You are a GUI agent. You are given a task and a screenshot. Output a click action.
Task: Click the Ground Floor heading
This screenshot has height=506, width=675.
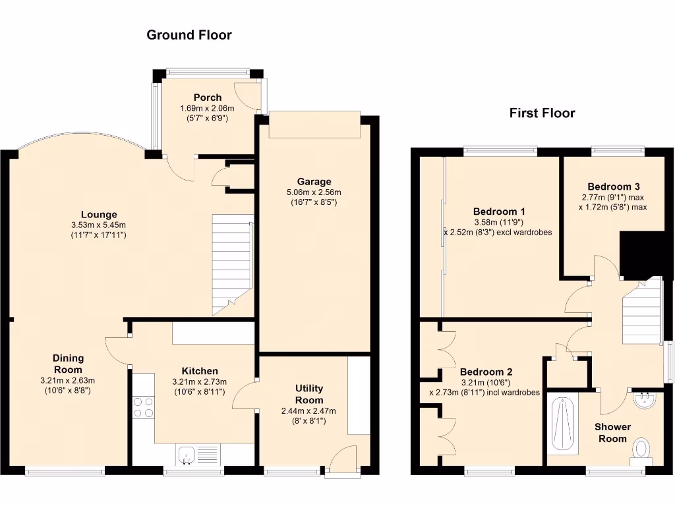[189, 35]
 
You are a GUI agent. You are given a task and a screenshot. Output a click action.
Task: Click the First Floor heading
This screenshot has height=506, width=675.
[542, 113]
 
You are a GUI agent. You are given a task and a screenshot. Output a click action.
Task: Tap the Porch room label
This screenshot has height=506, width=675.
[207, 98]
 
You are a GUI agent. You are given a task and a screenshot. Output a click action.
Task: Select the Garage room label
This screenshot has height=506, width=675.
[314, 181]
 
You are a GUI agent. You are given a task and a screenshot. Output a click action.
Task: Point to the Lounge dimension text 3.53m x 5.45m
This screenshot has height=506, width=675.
[99, 225]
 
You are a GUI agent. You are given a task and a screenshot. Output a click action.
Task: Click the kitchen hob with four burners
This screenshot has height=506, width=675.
[143, 407]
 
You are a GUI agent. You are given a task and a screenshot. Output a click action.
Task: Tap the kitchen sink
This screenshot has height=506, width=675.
[187, 454]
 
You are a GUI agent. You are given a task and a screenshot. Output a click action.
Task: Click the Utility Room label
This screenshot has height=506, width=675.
[308, 394]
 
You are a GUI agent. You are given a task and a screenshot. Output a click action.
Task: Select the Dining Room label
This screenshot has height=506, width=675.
[68, 364]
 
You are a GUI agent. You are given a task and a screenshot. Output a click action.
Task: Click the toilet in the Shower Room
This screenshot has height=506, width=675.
[640, 450]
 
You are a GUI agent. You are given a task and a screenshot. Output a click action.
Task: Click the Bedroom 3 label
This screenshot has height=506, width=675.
[613, 186]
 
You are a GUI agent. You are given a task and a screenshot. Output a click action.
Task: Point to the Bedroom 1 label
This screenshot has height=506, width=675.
[499, 211]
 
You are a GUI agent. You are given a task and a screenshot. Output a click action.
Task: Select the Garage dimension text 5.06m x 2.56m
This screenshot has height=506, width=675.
[314, 192]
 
